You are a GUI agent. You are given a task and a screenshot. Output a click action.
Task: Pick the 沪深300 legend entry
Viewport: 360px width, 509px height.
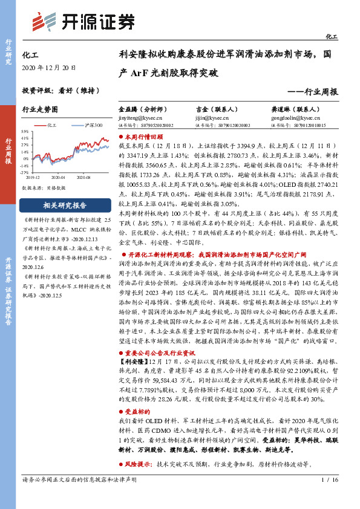91,124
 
